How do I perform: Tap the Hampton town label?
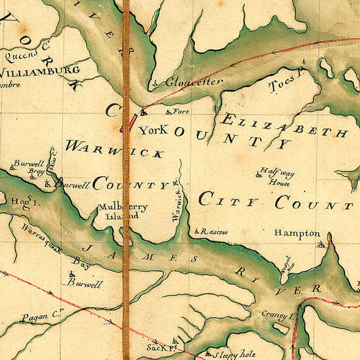(298, 233)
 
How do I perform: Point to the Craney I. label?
(276, 314)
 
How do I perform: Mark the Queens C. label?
(26, 55)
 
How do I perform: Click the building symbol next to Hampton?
(321, 244)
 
